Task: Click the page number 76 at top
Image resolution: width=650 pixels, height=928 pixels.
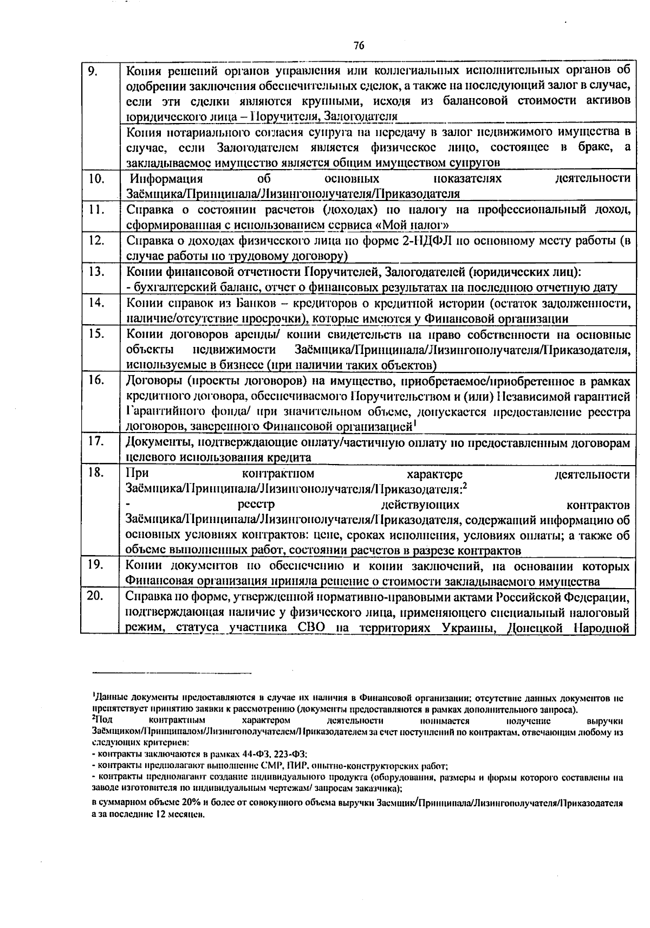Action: pos(358,46)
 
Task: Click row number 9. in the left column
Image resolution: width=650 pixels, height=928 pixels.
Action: pos(93,71)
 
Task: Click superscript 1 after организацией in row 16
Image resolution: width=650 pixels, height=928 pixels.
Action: pos(415,423)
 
